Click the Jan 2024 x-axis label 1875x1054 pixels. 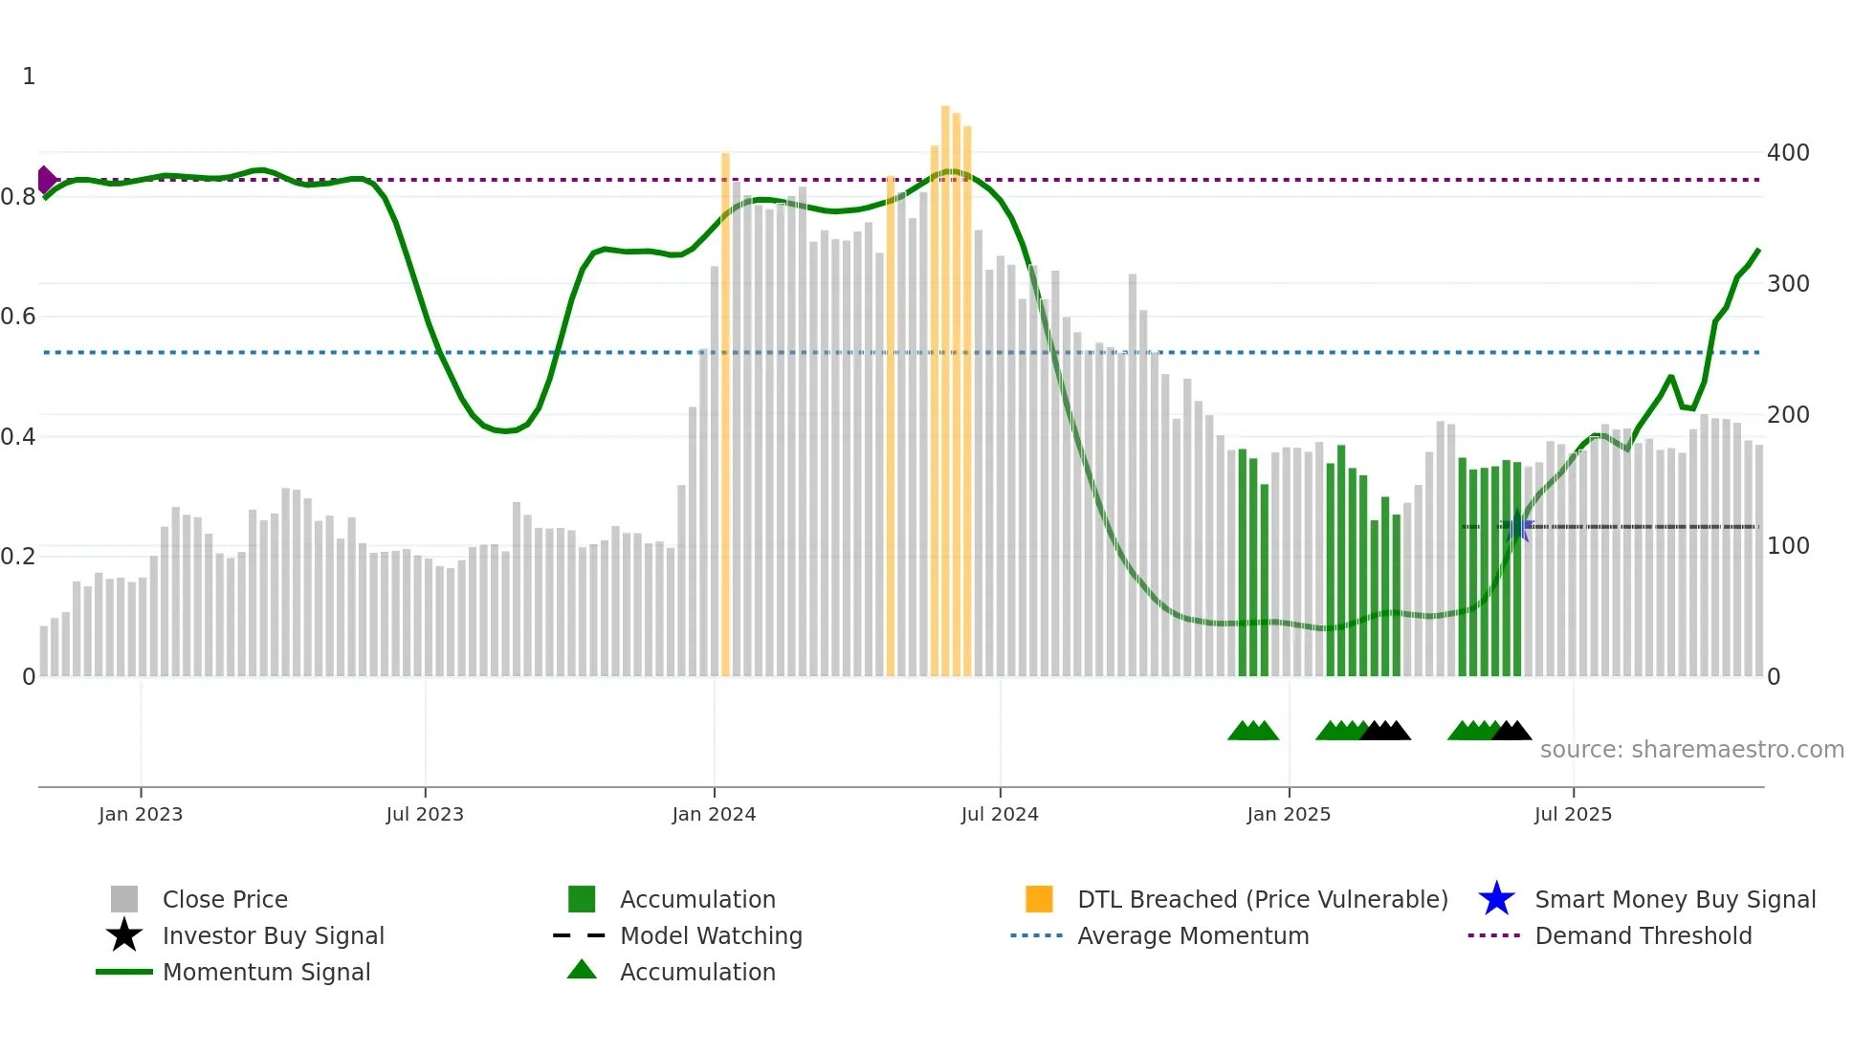[x=714, y=814]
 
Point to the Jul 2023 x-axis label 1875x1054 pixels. [x=425, y=814]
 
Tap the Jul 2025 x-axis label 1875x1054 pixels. [x=1573, y=814]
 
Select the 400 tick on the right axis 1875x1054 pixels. [x=1787, y=153]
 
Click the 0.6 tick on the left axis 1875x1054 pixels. [x=18, y=317]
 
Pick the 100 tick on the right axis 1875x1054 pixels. [x=1787, y=546]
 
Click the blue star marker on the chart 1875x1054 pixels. [x=1518, y=526]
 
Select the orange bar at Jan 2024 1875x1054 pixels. [x=725, y=411]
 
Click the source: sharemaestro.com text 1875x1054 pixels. [x=1691, y=750]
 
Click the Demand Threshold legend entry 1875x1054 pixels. [x=1643, y=935]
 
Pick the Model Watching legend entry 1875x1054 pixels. [x=710, y=935]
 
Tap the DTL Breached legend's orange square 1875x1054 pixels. [x=1039, y=899]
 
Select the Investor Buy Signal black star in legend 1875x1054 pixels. [x=124, y=935]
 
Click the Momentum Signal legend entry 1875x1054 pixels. [x=266, y=972]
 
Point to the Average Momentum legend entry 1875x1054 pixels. [x=1192, y=935]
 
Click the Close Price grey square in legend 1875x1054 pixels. [x=124, y=899]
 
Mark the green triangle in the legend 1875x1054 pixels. [x=582, y=970]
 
